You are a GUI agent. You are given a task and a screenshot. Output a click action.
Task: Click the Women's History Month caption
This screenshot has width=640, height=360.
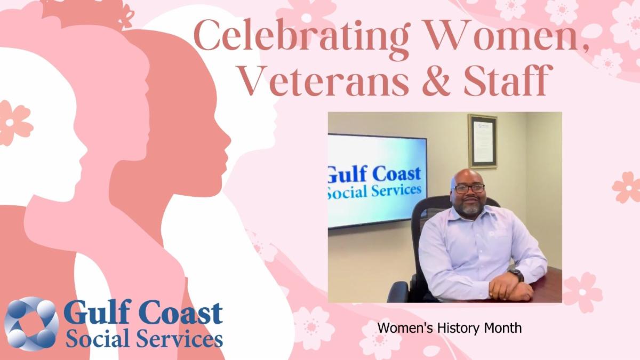point(450,327)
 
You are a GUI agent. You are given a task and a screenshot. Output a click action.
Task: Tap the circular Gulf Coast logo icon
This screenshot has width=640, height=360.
point(31,324)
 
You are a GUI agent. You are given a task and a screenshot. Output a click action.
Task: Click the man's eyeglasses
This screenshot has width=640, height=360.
point(469,188)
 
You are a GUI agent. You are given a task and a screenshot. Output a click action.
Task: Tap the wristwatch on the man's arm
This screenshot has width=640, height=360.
point(517,275)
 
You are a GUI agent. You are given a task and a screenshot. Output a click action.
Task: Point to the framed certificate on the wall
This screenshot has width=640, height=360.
point(482,141)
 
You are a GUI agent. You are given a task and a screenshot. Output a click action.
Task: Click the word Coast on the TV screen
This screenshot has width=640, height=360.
point(397,174)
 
